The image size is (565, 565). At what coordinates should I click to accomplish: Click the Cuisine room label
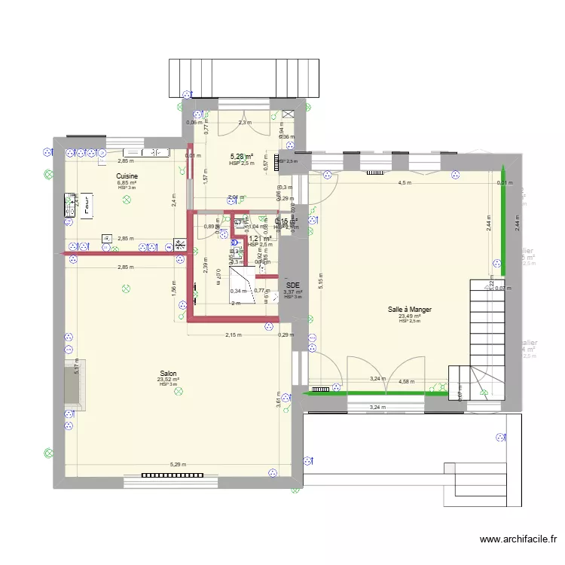click(127, 176)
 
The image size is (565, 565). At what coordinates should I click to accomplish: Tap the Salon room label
click(168, 373)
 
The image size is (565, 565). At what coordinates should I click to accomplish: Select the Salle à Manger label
click(410, 309)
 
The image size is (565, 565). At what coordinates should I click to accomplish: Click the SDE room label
click(293, 286)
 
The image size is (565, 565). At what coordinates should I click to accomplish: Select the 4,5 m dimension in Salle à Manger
click(405, 182)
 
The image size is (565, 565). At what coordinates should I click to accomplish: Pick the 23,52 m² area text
click(168, 380)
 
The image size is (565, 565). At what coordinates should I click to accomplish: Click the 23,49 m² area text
click(410, 316)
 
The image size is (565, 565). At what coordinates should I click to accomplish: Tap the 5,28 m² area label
click(242, 157)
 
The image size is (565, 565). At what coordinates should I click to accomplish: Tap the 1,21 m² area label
click(260, 239)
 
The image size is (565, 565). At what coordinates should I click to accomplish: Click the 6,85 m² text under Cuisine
click(127, 182)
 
